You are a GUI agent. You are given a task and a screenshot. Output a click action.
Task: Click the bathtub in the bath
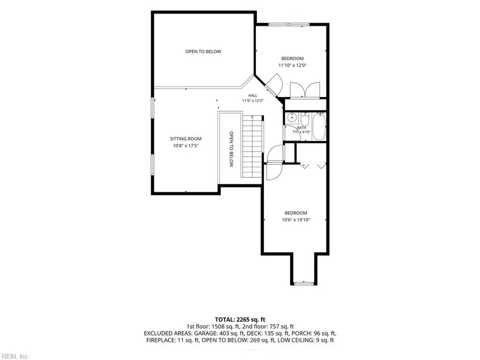(x=319, y=126)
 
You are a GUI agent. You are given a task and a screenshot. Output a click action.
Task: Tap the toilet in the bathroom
(x=305, y=118)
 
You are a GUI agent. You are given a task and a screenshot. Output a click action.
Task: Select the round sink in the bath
(x=292, y=117)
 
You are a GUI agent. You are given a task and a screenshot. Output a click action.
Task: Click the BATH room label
(x=301, y=128)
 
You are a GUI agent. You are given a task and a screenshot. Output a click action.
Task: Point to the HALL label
(x=253, y=96)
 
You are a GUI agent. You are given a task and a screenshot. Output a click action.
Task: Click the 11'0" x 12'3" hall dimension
(x=253, y=101)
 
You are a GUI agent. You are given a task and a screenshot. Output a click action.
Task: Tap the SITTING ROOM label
(x=186, y=139)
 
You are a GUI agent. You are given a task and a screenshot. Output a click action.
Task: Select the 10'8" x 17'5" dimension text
(x=186, y=146)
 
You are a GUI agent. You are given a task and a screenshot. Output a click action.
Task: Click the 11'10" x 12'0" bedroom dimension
(x=293, y=65)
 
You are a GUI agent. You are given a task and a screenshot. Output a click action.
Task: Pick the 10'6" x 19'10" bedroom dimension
(x=296, y=220)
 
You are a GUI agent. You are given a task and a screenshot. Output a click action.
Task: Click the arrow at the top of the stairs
(x=252, y=117)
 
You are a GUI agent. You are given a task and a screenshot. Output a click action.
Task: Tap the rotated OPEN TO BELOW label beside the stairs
(x=231, y=149)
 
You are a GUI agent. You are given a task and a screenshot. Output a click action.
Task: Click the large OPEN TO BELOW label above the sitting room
(x=203, y=52)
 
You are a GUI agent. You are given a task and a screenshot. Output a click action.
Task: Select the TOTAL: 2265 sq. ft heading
(x=240, y=320)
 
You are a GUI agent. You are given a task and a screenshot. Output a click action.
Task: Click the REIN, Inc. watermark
(x=14, y=356)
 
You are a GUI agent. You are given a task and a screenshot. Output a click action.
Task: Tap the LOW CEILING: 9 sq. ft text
(x=305, y=340)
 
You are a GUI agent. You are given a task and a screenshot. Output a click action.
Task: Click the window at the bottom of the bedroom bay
(x=303, y=284)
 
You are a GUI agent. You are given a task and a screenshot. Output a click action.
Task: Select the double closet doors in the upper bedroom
(x=305, y=90)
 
